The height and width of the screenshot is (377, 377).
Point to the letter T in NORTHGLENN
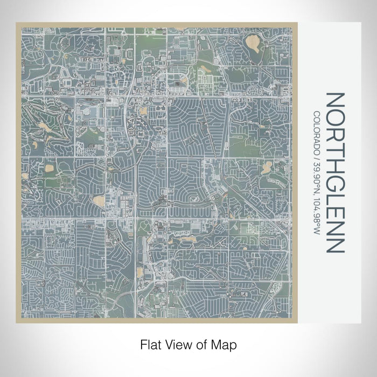(x=333, y=141)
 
